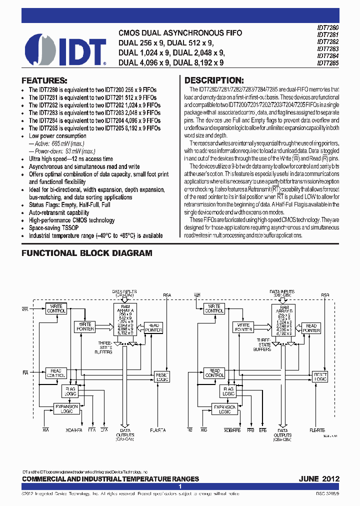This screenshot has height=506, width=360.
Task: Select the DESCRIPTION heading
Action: [x=214, y=80]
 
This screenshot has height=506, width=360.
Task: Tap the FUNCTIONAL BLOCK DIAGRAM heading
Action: [x=86, y=253]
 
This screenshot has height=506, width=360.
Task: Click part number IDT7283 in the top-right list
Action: [x=327, y=49]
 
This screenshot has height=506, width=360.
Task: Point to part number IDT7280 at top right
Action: [x=327, y=28]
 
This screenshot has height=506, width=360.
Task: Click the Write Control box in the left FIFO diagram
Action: [x=55, y=308]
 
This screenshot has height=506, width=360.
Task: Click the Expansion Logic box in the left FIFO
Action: [x=66, y=409]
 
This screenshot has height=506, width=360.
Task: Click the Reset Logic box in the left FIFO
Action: [x=162, y=377]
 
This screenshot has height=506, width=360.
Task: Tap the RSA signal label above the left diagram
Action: [x=166, y=295]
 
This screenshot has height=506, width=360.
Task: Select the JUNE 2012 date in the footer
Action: [x=319, y=478]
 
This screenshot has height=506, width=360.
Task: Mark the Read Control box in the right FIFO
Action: [x=214, y=373]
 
